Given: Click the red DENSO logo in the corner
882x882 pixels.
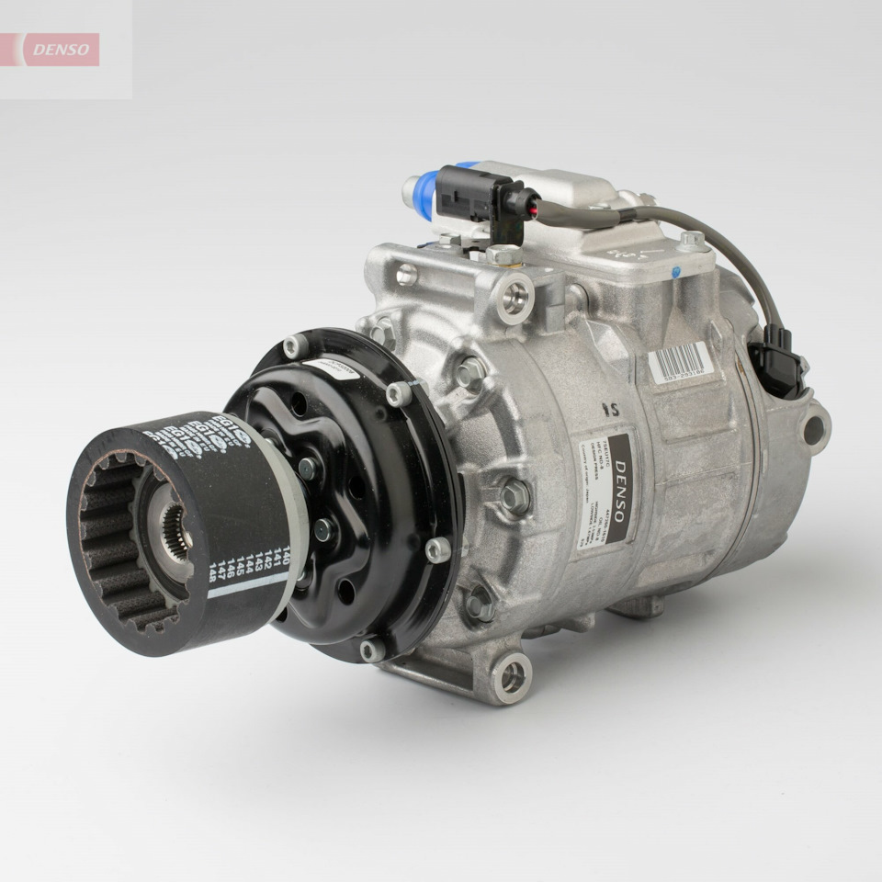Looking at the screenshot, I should (x=61, y=50).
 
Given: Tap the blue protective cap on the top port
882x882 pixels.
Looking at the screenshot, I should (x=426, y=196).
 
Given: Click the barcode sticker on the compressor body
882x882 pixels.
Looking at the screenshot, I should (x=681, y=362).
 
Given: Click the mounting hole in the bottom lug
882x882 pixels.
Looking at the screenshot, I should (x=512, y=677).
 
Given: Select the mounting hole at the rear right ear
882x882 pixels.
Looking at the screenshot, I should (x=812, y=429).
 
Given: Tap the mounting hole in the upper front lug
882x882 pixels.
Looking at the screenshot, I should (x=515, y=296).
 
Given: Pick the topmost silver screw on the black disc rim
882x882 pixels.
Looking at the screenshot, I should (x=295, y=346).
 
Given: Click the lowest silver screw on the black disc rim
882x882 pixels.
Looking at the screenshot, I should (x=372, y=650).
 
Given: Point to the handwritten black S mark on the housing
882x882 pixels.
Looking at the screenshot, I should (x=607, y=407).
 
